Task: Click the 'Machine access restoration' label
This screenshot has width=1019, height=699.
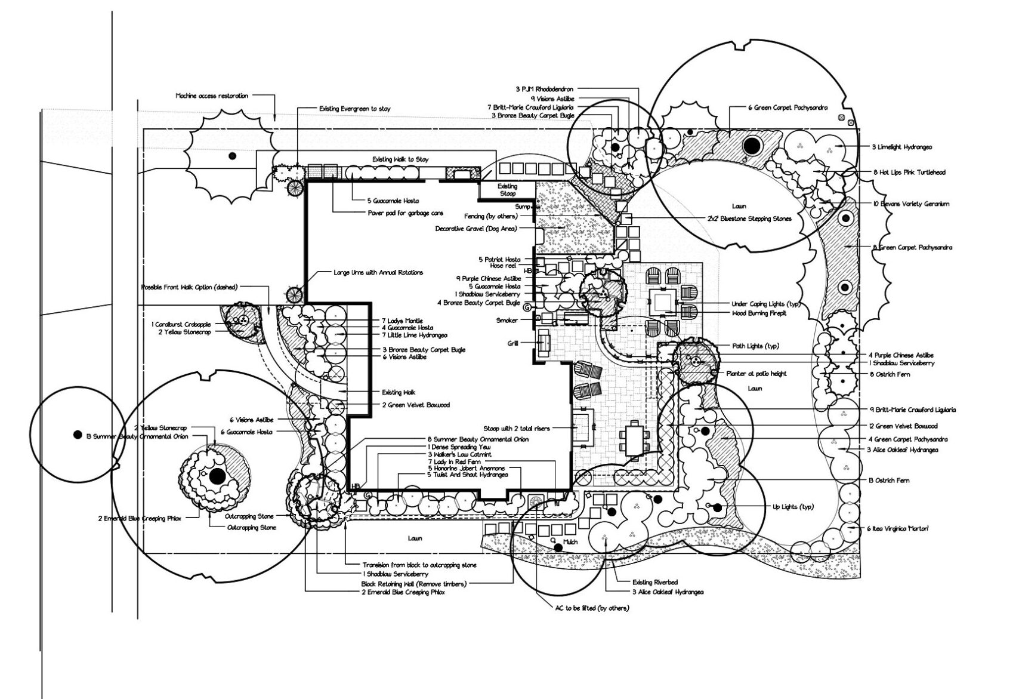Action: pos(212,96)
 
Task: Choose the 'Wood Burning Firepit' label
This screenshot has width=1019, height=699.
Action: pos(759,313)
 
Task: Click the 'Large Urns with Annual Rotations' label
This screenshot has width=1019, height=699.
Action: pos(378,273)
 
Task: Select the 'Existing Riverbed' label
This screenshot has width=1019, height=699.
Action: pos(655,582)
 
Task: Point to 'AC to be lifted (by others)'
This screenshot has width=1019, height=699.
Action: pos(592,608)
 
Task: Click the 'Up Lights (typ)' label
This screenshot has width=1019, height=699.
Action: pos(793,507)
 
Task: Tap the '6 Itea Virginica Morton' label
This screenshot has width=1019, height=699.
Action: pos(898,528)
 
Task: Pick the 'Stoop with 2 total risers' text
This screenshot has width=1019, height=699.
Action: pos(517,429)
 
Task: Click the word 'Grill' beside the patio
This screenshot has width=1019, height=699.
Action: pos(512,343)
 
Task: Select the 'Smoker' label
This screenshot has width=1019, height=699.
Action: pos(507,321)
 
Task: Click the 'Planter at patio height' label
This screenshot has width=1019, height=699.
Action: pos(756,374)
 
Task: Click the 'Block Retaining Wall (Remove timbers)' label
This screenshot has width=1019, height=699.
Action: pos(414,583)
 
